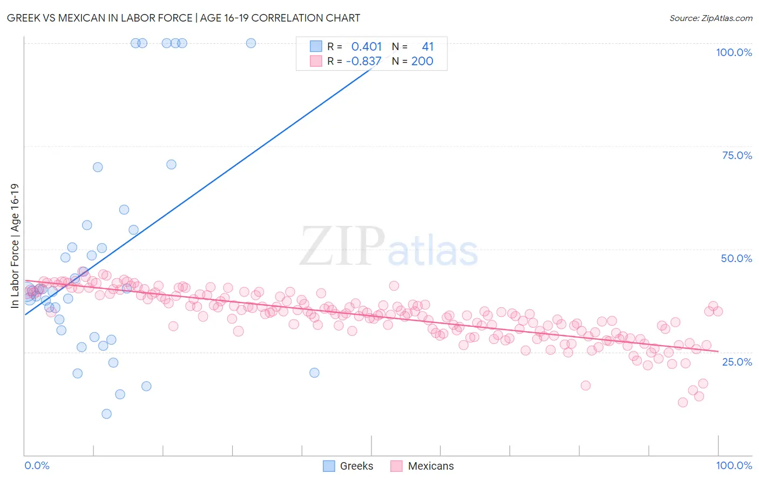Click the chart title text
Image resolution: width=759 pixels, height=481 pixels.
tap(184, 18)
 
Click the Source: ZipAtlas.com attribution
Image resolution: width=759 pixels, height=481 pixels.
tap(710, 18)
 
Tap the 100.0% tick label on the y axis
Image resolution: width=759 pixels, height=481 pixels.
tap(734, 52)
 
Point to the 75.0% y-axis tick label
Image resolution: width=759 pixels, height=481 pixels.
tap(737, 155)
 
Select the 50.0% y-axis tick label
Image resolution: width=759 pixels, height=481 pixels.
tap(736, 258)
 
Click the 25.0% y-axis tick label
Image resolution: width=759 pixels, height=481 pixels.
tap(737, 361)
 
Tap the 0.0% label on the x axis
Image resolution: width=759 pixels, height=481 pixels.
tap(37, 465)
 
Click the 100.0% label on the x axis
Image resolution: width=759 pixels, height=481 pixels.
tap(734, 465)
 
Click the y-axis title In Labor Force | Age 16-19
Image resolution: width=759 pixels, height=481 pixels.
tap(15, 246)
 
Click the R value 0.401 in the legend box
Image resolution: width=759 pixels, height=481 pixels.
tap(367, 46)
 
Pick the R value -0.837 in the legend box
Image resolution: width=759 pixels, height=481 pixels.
tap(364, 61)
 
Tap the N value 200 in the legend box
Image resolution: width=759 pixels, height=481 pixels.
tap(422, 61)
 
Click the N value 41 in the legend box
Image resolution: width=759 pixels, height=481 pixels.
tap(428, 46)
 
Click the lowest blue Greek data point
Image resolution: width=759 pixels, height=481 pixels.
tap(106, 414)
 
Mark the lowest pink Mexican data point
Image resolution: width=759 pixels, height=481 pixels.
tap(682, 402)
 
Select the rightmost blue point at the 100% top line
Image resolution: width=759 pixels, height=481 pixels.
tap(250, 43)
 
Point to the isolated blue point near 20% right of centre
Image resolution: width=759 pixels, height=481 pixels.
tap(314, 373)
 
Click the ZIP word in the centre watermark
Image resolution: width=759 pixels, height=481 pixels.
tap(342, 246)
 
